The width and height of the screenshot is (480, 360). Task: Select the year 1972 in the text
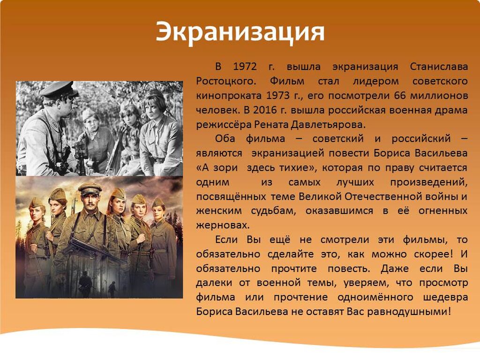pyautogui.click(x=245, y=67)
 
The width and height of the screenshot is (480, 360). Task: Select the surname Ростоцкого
pyautogui.click(x=225, y=82)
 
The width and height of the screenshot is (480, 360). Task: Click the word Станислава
pyautogui.click(x=439, y=67)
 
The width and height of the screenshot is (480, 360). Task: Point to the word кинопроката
pyautogui.click(x=229, y=96)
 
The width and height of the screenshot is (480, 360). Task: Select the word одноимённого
pyautogui.click(x=375, y=297)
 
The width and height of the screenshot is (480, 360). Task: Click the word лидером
pyautogui.click(x=376, y=82)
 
